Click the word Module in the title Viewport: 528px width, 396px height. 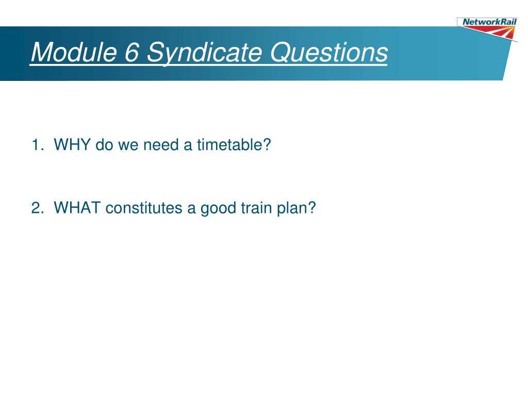tap(74, 52)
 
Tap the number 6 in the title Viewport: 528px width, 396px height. tap(131, 52)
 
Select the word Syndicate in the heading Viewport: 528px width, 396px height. tap(204, 53)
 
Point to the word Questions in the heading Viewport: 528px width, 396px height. tap(328, 52)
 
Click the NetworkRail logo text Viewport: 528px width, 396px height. tap(489, 22)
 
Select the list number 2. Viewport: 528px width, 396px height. tap(37, 208)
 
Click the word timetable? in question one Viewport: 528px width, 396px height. tap(234, 144)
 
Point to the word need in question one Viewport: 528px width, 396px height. tap(161, 144)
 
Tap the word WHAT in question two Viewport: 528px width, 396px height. tap(77, 207)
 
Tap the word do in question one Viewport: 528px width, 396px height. tap(104, 144)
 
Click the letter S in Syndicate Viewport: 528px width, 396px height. tap(155, 52)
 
